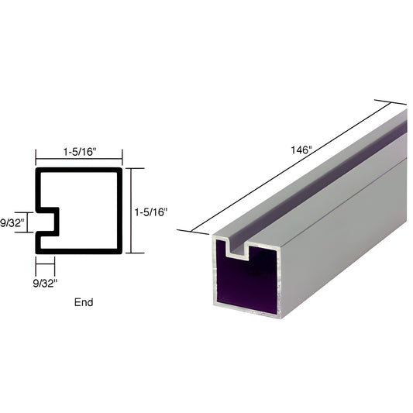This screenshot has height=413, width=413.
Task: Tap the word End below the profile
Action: (84, 302)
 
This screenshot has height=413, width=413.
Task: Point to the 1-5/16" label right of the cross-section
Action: (150, 211)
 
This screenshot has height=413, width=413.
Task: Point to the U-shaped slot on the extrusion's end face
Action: (246, 250)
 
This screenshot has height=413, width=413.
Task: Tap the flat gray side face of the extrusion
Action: (349, 232)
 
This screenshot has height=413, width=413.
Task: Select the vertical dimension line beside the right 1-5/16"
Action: (130, 211)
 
